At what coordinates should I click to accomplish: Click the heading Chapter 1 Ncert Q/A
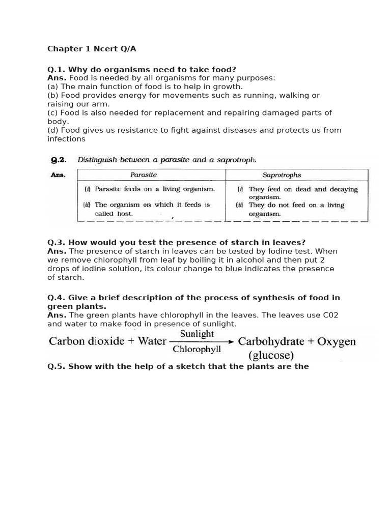tap(92, 49)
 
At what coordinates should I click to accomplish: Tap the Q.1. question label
tap(57, 69)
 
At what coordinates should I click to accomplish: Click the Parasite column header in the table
tap(144, 175)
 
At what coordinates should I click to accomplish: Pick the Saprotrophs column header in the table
tap(282, 175)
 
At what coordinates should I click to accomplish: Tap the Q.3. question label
tap(57, 242)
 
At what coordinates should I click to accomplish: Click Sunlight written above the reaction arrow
tap(197, 334)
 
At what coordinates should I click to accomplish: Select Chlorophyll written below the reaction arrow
tap(197, 350)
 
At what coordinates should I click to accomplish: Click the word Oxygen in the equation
tap(336, 341)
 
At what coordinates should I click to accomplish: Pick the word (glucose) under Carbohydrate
tap(271, 354)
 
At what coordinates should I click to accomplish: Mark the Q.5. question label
tap(57, 366)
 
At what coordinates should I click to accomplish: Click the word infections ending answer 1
tap(66, 139)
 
